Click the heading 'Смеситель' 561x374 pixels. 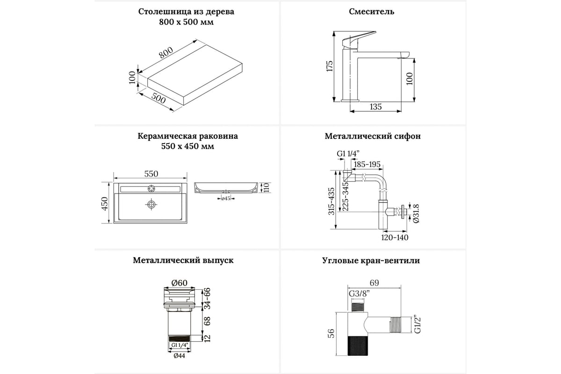(x=372, y=12)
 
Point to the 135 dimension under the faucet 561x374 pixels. (x=375, y=107)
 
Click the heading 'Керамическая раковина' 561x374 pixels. (x=188, y=137)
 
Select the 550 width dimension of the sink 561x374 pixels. (x=151, y=174)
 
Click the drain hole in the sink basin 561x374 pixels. (x=151, y=204)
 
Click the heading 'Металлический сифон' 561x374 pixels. (x=373, y=137)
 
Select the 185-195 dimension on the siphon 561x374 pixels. (x=367, y=165)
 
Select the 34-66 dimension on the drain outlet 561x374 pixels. (x=208, y=299)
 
